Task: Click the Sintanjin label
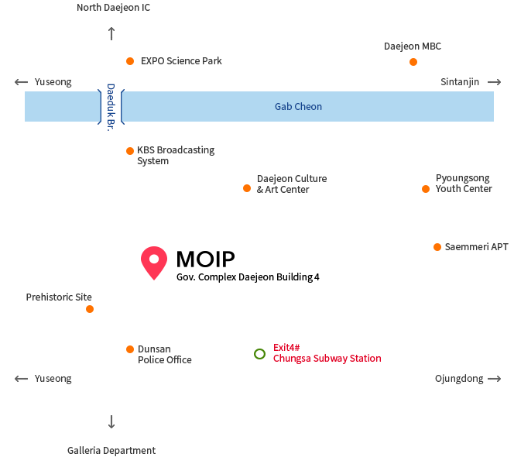tap(461, 82)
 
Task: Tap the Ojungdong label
tap(459, 379)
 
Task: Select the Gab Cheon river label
tap(298, 107)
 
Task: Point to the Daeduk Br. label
tap(110, 107)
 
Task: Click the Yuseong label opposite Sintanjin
tap(53, 82)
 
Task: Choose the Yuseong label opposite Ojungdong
tap(53, 379)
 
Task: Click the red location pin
tap(154, 262)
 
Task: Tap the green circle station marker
tap(260, 354)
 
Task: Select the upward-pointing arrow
tap(111, 33)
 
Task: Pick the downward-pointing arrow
tap(111, 422)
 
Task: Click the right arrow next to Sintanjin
tap(494, 82)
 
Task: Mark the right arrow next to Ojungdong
tap(494, 379)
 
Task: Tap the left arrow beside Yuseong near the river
tap(21, 82)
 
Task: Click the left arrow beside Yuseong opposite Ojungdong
tap(21, 379)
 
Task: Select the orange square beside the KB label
tap(130, 151)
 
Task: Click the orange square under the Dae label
tap(413, 62)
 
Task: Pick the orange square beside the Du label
tap(130, 349)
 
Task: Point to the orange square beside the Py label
tap(426, 189)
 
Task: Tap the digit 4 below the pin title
tap(317, 277)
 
